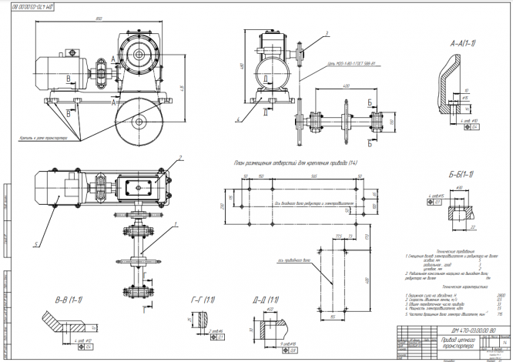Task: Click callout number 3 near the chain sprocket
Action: (327, 34)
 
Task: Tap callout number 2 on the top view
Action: (179, 158)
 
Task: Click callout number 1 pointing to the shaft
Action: (177, 223)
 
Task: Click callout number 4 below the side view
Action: (240, 121)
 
